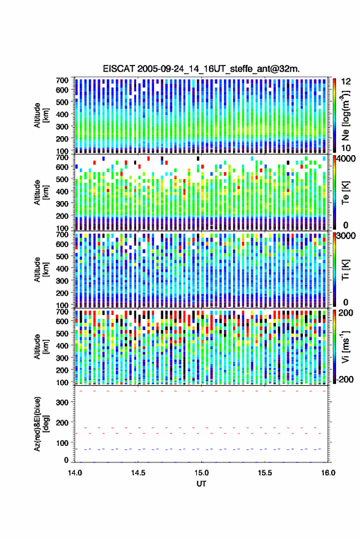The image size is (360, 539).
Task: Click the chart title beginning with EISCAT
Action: click(x=201, y=69)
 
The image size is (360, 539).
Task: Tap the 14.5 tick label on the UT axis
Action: click(x=138, y=473)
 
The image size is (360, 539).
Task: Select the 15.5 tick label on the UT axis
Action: click(x=264, y=473)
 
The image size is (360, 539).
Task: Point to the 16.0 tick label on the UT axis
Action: click(x=328, y=473)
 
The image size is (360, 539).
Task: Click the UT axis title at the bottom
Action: click(x=201, y=484)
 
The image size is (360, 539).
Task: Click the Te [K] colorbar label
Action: click(x=345, y=193)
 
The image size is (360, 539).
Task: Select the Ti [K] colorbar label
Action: click(x=345, y=270)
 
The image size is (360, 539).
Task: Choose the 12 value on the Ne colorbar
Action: click(x=346, y=82)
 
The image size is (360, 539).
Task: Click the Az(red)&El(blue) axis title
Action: click(x=41, y=424)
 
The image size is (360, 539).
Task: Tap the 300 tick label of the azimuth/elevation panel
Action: click(x=62, y=402)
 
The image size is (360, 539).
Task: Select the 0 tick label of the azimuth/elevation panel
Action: click(x=66, y=460)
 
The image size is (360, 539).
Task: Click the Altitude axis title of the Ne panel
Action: click(x=41, y=115)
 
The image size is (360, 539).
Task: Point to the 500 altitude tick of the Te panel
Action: click(x=62, y=179)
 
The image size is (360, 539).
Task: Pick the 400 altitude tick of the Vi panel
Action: click(x=62, y=345)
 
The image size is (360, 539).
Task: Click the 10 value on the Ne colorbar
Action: click(x=346, y=148)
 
